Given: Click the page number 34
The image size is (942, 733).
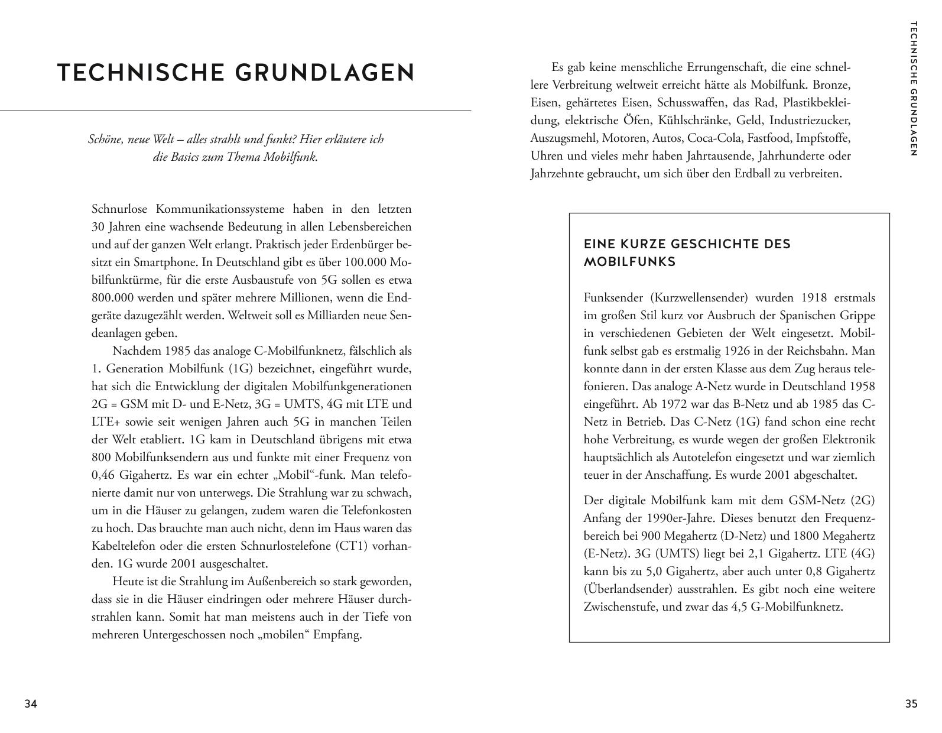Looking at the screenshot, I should pos(31,703).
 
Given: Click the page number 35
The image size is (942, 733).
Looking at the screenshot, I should pos(911,703).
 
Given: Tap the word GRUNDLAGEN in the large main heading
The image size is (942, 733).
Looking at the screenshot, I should pos(325,73).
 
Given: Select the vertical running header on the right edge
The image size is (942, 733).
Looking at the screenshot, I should pos(913,89).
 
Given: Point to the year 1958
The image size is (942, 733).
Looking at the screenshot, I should pos(862,386).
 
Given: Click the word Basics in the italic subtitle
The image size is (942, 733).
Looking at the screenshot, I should pos(189,157).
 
